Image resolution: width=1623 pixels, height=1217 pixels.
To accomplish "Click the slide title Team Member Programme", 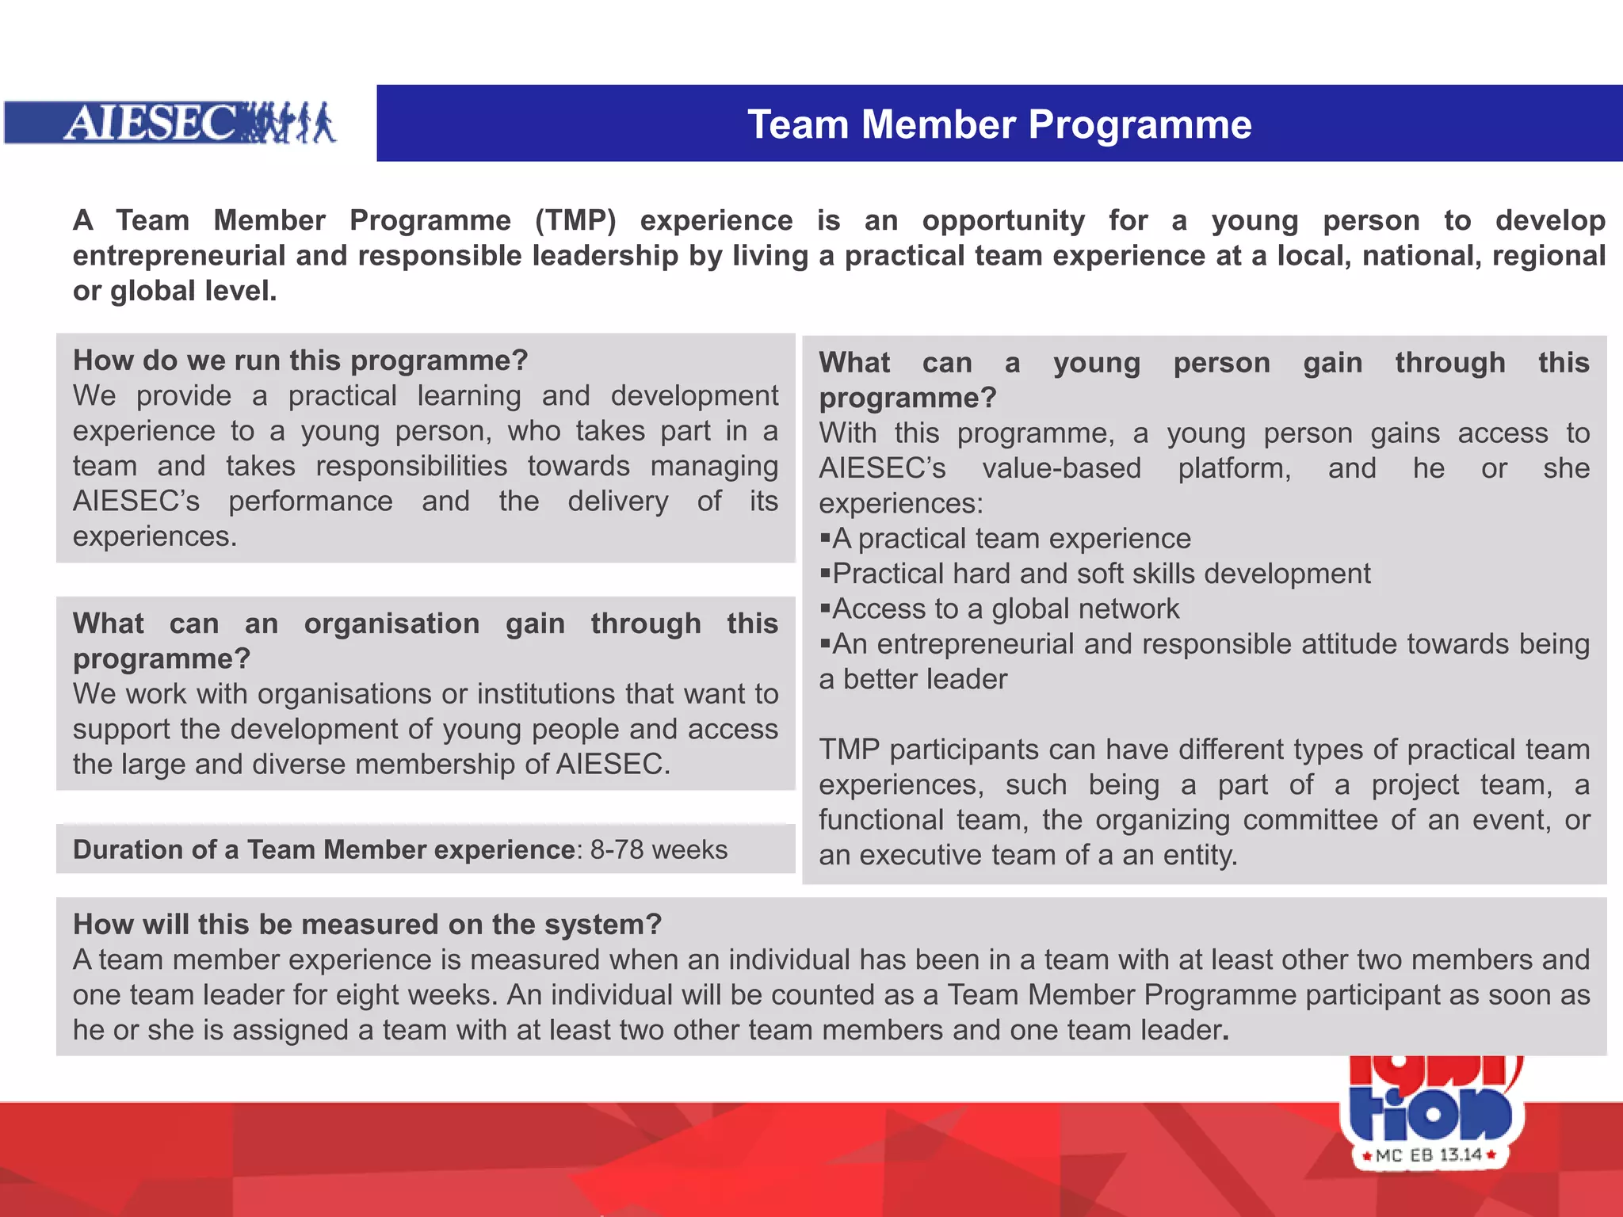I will (x=999, y=124).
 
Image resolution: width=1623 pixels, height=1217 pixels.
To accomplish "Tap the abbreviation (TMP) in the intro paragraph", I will (x=575, y=220).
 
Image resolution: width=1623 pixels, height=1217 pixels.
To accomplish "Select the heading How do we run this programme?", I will (x=300, y=361).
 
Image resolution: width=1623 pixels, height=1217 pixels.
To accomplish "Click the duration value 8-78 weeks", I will (x=659, y=849).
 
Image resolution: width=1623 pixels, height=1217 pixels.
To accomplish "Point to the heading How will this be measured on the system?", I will (x=367, y=924).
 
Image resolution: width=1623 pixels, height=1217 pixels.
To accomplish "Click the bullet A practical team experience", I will (x=1011, y=539).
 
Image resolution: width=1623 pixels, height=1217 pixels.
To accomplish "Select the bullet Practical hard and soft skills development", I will (x=1101, y=574).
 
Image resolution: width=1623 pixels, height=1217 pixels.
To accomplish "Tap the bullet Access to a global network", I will (x=1005, y=608).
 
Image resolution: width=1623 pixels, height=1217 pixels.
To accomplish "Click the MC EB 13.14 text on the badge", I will (x=1428, y=1155).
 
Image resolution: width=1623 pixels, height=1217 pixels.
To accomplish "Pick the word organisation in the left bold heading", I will (x=391, y=624).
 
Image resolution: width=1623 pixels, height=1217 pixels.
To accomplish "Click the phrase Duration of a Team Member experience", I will (x=323, y=849).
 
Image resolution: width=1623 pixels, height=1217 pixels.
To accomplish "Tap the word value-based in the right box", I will (x=1061, y=468).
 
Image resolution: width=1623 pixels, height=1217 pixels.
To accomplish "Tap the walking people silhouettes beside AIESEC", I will (x=289, y=123).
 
